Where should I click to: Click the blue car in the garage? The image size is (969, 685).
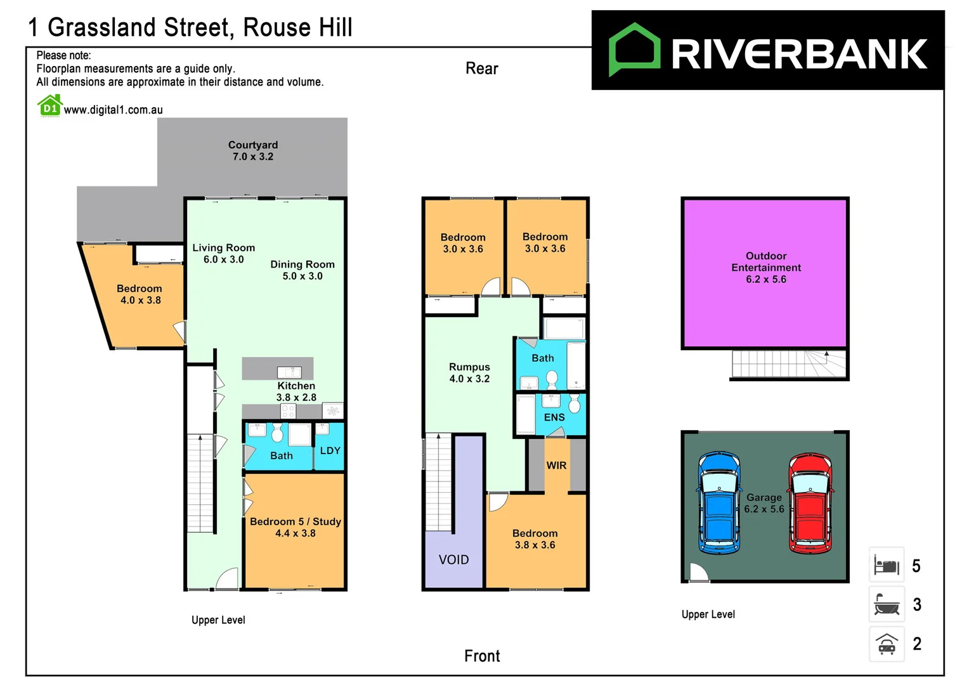click(x=719, y=502)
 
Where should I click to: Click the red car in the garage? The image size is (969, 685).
click(x=810, y=503)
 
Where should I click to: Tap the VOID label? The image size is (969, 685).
click(x=453, y=559)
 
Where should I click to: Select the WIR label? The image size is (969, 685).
click(x=556, y=466)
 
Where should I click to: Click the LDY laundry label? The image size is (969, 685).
click(x=330, y=450)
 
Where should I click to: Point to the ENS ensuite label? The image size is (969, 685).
click(x=554, y=417)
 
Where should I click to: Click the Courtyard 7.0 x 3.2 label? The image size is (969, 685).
click(x=252, y=151)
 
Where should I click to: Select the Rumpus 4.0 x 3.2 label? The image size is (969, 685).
click(x=469, y=373)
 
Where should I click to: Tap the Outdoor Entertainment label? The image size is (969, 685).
click(x=765, y=268)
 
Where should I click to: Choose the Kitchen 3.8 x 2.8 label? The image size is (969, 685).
click(x=296, y=391)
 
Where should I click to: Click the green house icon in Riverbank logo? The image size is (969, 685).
click(x=634, y=49)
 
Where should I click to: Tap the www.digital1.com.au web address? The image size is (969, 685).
click(x=113, y=110)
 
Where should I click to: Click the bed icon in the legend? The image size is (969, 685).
click(x=886, y=564)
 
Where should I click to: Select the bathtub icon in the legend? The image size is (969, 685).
click(x=886, y=604)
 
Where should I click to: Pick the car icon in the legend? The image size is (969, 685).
click(x=886, y=644)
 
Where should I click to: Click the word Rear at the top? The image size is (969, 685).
click(x=481, y=68)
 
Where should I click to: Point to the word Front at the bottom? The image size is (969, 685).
click(x=481, y=656)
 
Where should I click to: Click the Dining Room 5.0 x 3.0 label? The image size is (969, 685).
click(x=302, y=270)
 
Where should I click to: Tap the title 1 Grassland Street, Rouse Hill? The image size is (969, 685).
click(x=190, y=28)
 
